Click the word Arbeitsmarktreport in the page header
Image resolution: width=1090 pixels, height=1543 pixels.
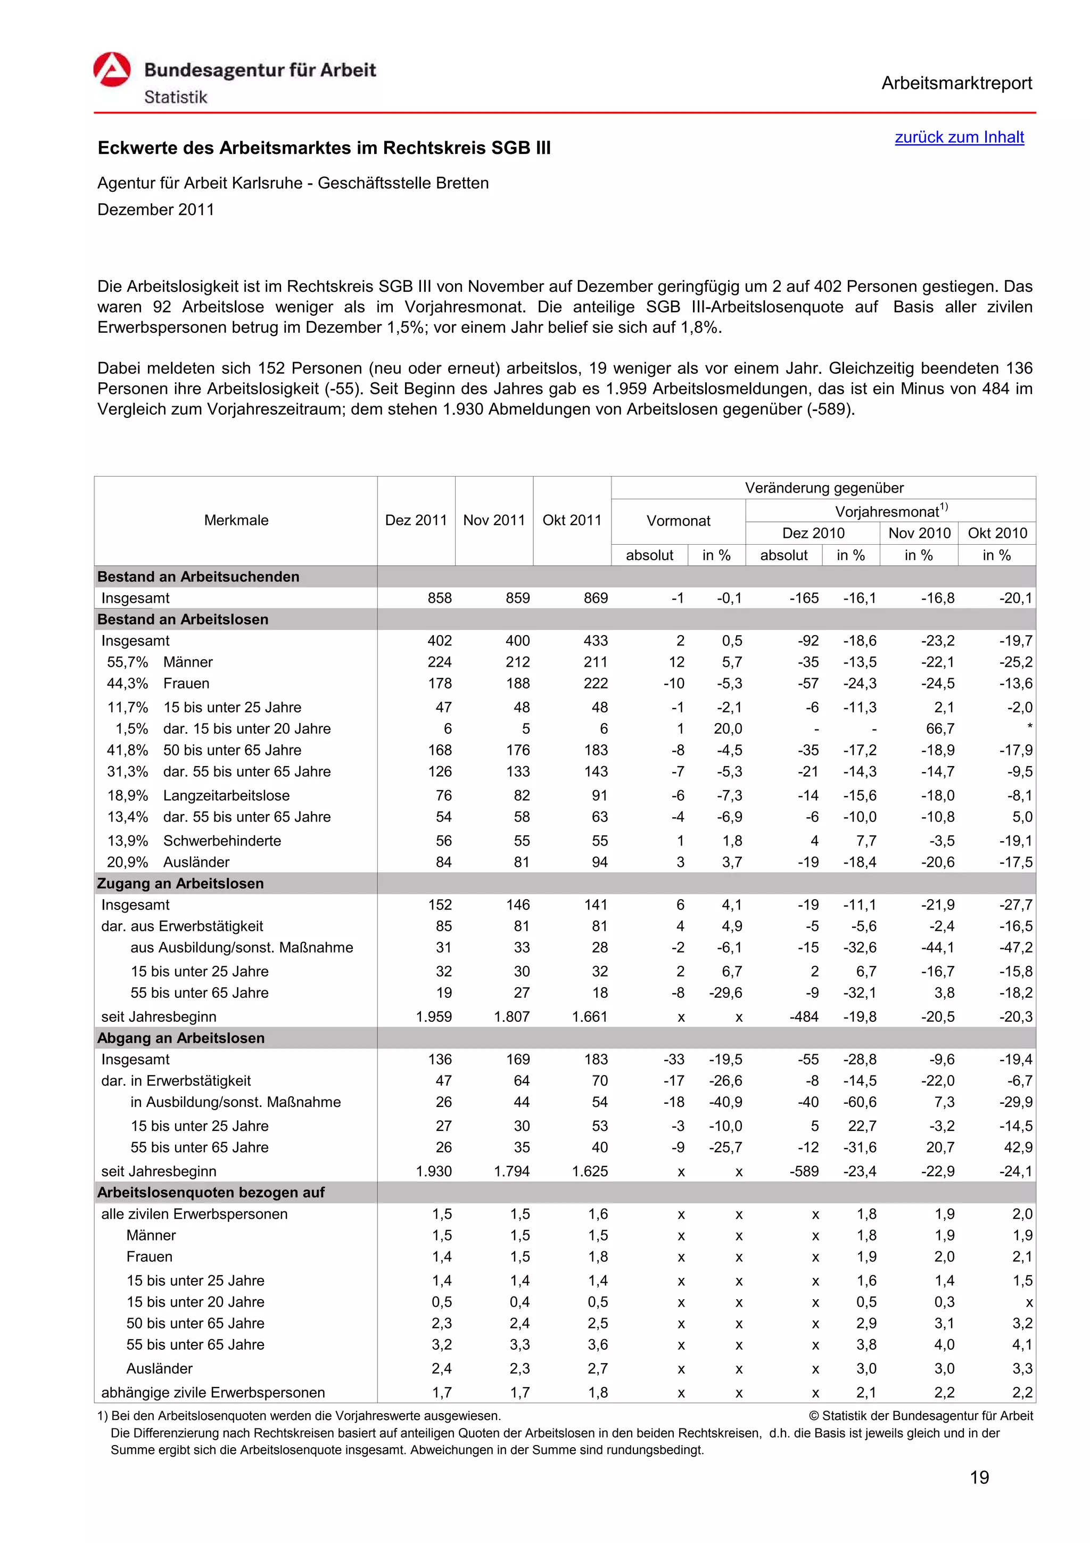pos(956,84)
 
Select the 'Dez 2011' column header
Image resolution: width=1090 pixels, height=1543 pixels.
pos(416,520)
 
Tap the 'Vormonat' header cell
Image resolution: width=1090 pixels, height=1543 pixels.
pos(678,521)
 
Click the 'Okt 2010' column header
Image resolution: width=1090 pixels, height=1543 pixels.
pos(997,533)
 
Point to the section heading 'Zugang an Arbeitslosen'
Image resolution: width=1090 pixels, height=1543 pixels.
pos(180,883)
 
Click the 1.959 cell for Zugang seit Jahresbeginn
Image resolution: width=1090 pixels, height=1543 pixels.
pos(433,1017)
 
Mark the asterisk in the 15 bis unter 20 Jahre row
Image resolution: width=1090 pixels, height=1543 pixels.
pos(1029,727)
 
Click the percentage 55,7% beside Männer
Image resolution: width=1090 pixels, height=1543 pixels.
pos(127,662)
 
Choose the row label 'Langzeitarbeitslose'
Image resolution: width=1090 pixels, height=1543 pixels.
pos(226,795)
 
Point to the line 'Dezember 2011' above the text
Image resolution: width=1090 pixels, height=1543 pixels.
pos(156,210)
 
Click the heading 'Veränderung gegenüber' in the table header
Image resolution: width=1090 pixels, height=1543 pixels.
pos(823,488)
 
